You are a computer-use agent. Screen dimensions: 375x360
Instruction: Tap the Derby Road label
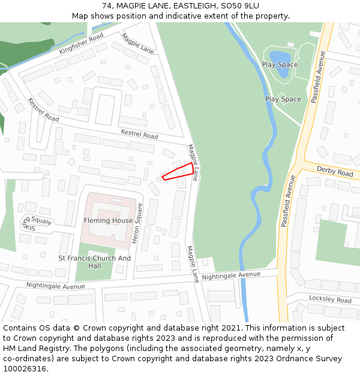tap(335, 172)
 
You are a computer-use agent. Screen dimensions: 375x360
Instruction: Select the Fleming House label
tap(109, 220)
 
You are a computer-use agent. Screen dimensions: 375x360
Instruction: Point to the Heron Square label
tap(137, 223)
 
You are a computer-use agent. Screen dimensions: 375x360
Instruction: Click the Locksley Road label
tap(330, 299)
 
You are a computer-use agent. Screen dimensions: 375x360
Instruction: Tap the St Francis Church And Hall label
tap(94, 262)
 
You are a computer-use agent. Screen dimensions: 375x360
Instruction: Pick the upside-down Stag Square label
tap(38, 223)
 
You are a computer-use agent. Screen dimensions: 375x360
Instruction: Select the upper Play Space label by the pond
tap(280, 64)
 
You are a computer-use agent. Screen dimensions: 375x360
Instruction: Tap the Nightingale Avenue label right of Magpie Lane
tap(231, 275)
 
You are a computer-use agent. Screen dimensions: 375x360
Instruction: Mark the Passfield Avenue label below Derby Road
tap(288, 201)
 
